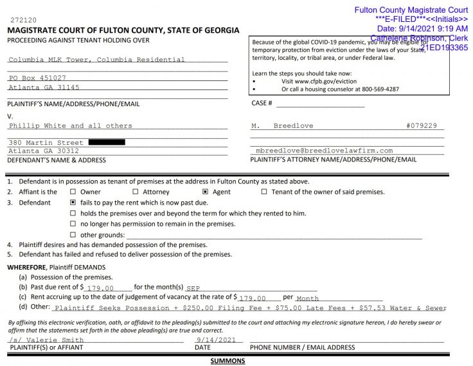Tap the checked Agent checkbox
(x=205, y=192)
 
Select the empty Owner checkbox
(x=73, y=192)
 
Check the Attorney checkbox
(x=135, y=192)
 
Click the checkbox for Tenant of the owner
(x=264, y=192)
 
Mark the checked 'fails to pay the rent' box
(x=73, y=203)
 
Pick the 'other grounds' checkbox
(x=73, y=235)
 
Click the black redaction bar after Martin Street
(x=106, y=142)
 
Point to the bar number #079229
(x=421, y=126)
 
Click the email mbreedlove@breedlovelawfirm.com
(x=324, y=151)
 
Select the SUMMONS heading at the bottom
(x=228, y=361)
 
